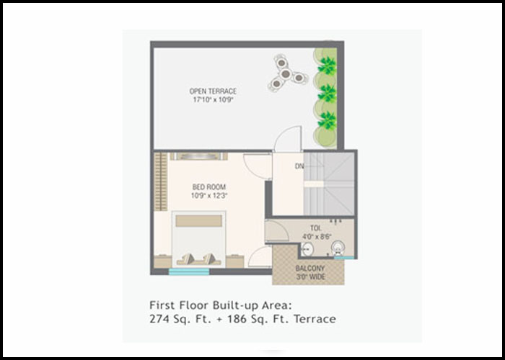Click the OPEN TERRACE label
(x=213, y=91)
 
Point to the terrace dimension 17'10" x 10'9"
(x=213, y=100)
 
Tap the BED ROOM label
(x=209, y=186)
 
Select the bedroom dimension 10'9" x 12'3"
(x=209, y=195)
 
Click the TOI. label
(x=316, y=228)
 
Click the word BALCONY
(x=309, y=268)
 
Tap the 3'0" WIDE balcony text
(x=310, y=276)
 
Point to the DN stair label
(x=299, y=166)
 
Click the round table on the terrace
(x=286, y=74)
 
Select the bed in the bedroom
(x=198, y=239)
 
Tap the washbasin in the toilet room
(x=307, y=249)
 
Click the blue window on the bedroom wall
(x=189, y=272)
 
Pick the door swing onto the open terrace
(x=287, y=139)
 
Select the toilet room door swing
(x=277, y=231)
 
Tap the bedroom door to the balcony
(x=260, y=257)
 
